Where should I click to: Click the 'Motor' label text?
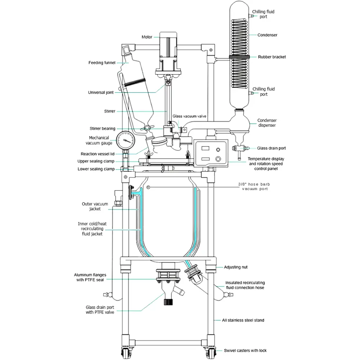pyautogui.click(x=147, y=37)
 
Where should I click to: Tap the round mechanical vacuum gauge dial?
pyautogui.click(x=125, y=138)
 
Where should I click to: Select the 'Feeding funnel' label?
pyautogui.click(x=102, y=63)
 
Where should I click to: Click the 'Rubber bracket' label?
pyautogui.click(x=272, y=57)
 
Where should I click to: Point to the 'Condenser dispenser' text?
pyautogui.click(x=267, y=123)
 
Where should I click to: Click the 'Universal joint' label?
pyautogui.click(x=101, y=93)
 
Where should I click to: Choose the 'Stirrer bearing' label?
pyautogui.click(x=103, y=129)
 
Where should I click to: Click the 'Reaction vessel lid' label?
pyautogui.click(x=98, y=154)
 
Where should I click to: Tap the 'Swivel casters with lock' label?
pyautogui.click(x=245, y=350)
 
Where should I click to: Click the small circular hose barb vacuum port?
pyautogui.click(x=148, y=187)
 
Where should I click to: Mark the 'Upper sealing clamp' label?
pyautogui.click(x=96, y=161)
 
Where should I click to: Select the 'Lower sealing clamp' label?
pyautogui.click(x=96, y=169)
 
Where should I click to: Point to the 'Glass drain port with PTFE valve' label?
pyautogui.click(x=100, y=310)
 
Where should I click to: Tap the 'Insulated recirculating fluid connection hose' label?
pyautogui.click(x=245, y=285)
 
